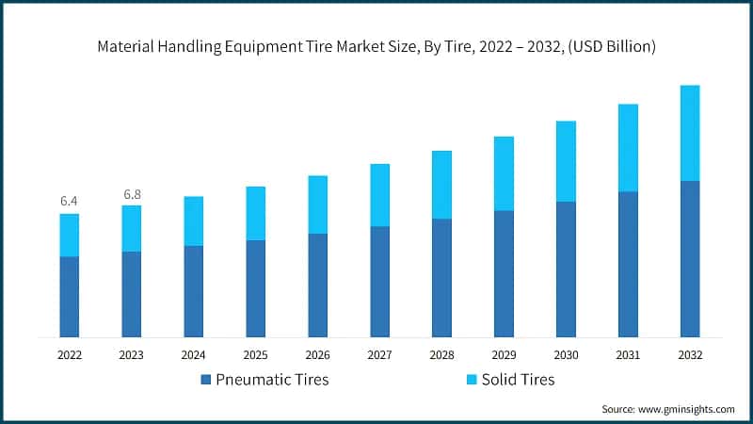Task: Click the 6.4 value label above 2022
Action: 69,201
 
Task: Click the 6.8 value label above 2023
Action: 131,194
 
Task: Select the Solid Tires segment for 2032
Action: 690,133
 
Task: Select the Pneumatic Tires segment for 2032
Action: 690,258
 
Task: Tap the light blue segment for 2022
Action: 69,235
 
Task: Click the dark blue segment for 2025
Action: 255,288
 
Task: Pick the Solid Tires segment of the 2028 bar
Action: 441,185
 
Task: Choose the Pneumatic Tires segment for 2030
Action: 566,269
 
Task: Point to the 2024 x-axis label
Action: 193,355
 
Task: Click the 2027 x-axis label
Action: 379,355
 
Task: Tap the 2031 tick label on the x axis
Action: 628,355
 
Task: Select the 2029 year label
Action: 504,355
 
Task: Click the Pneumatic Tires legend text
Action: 272,380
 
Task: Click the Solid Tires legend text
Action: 518,380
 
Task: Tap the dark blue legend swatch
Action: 206,380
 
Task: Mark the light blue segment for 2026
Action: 317,204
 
